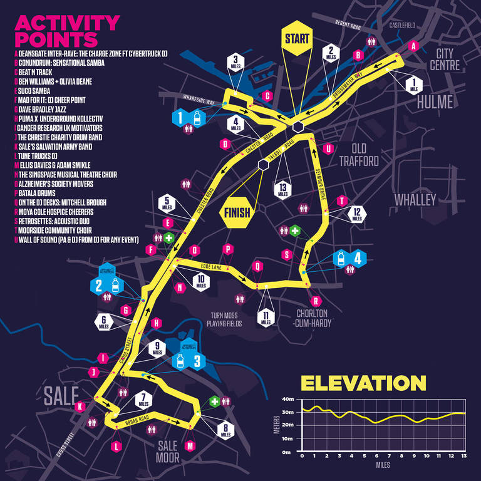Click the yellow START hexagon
(x=297, y=38)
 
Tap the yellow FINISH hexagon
(x=235, y=213)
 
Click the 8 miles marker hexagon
(x=225, y=430)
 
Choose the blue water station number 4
(x=357, y=257)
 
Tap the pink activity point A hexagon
(x=412, y=46)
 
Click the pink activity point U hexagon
(x=328, y=149)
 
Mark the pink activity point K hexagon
(x=80, y=406)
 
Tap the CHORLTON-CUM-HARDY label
(x=314, y=319)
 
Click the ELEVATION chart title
(x=363, y=383)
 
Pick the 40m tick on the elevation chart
(x=289, y=399)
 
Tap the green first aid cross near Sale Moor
(x=215, y=401)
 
